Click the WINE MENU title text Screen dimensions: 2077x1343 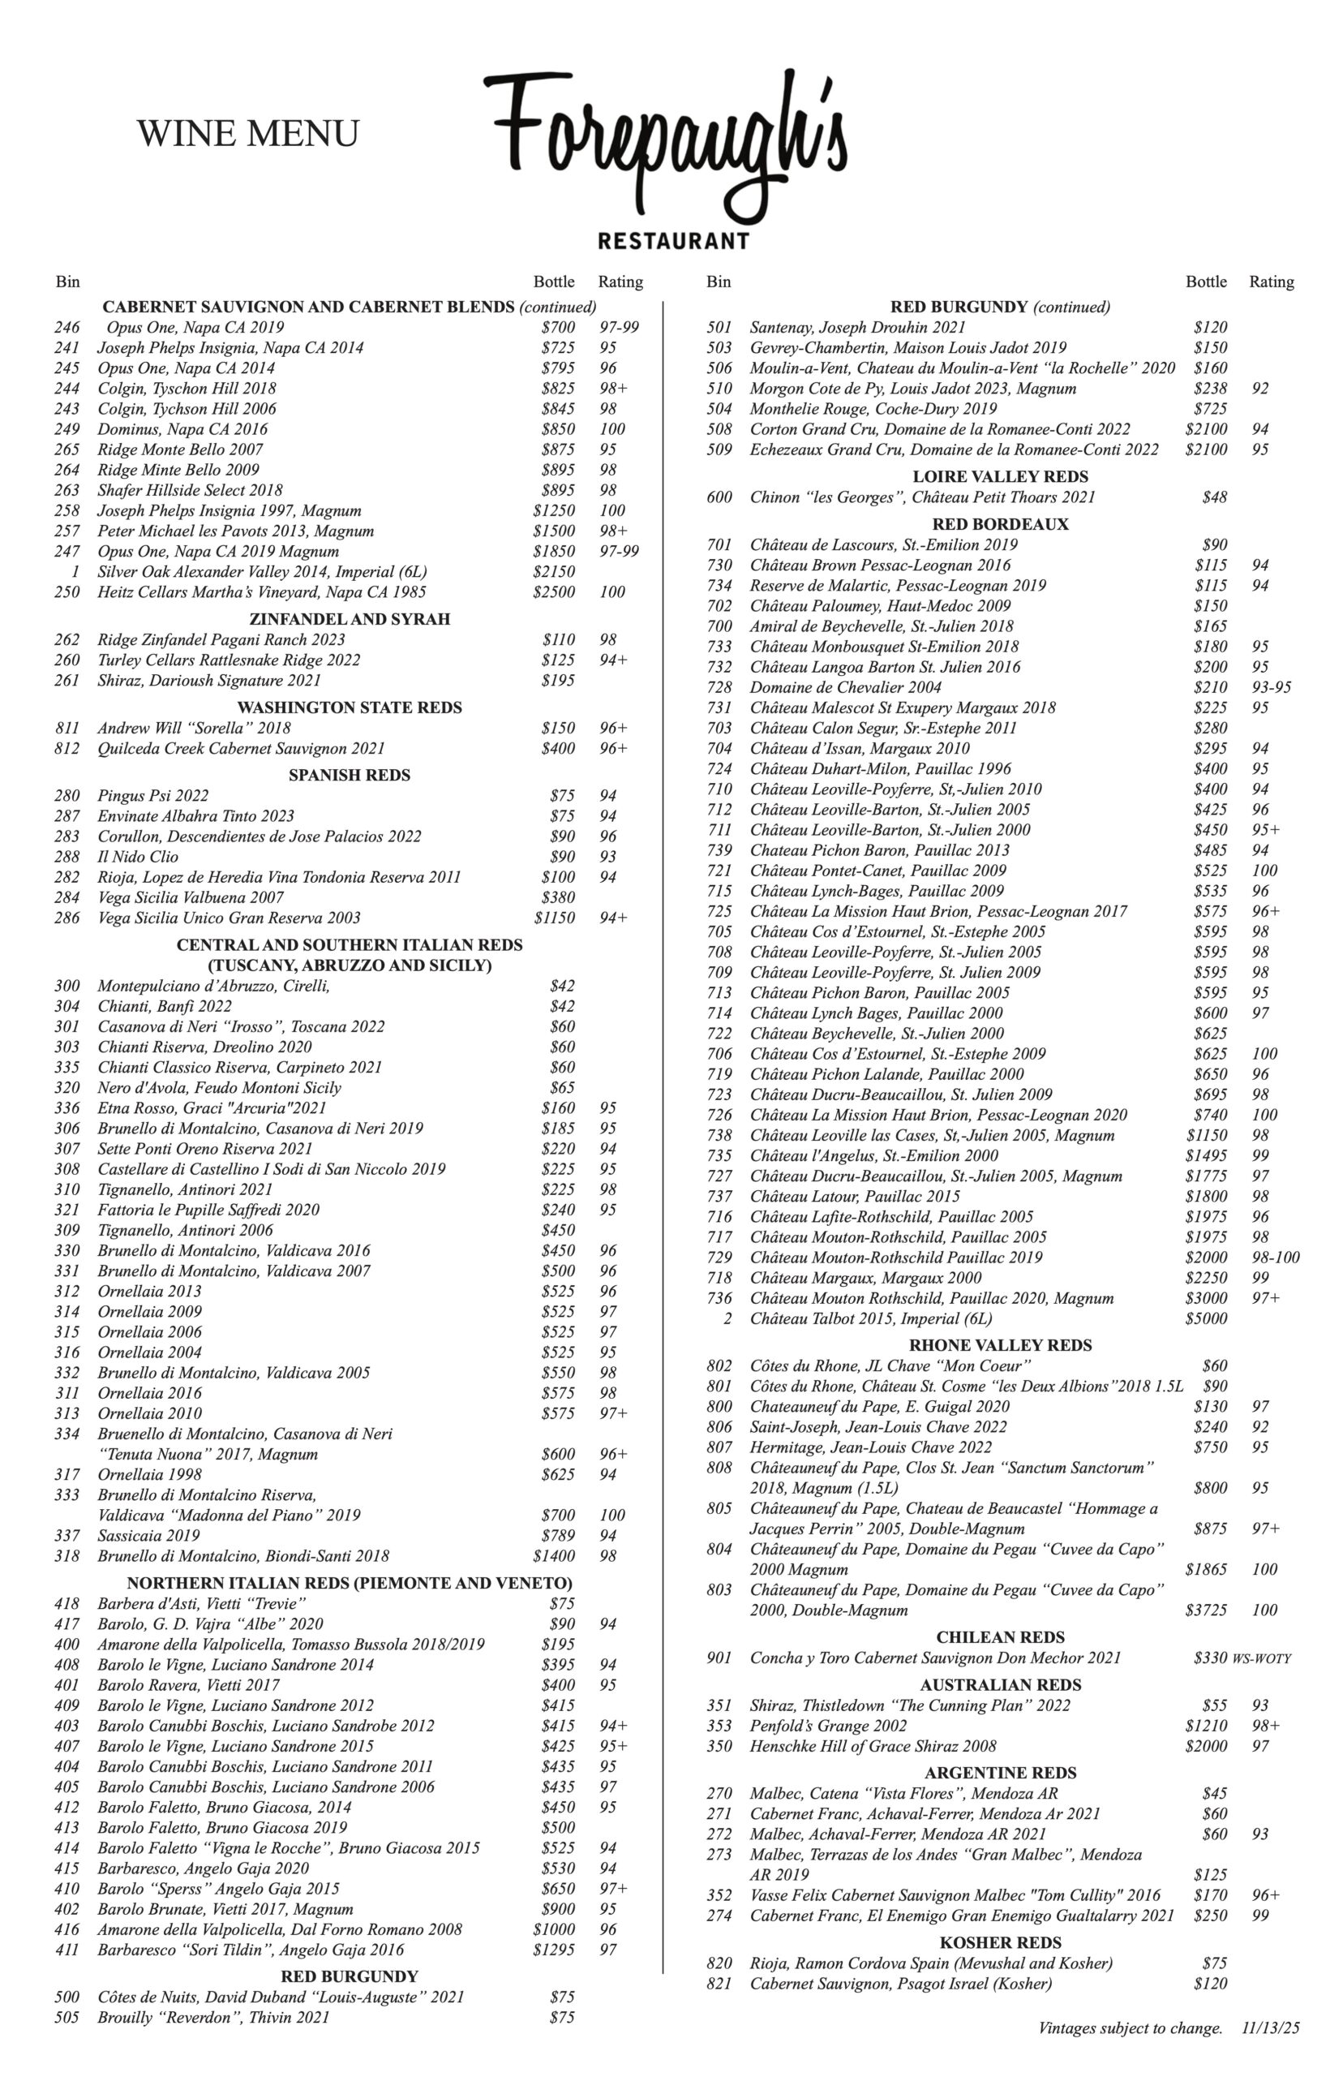(x=247, y=134)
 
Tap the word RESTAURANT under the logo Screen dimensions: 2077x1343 (x=672, y=241)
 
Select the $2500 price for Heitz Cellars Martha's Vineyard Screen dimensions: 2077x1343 (x=554, y=592)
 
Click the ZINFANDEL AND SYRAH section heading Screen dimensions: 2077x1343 (x=350, y=619)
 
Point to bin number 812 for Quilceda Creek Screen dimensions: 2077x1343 (x=67, y=749)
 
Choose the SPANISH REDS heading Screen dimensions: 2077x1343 (x=350, y=776)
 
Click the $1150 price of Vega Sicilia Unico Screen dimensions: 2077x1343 (x=554, y=918)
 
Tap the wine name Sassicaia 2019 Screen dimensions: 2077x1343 (x=148, y=1535)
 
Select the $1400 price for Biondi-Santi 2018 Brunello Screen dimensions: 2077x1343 (x=554, y=1555)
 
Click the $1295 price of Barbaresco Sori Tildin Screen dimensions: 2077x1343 (x=554, y=1950)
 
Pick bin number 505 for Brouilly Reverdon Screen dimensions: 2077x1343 (x=67, y=2017)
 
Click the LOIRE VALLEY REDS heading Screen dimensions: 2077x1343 (x=1000, y=477)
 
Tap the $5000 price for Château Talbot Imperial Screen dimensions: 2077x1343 (x=1206, y=1319)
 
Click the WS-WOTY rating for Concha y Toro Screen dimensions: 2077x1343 (x=1261, y=1658)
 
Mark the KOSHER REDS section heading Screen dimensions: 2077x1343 (x=1000, y=1942)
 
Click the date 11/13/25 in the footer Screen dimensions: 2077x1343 (x=1271, y=2028)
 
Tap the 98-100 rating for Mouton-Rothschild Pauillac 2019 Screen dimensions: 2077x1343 (x=1274, y=1258)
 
